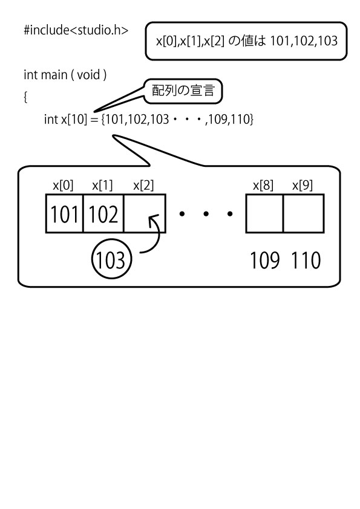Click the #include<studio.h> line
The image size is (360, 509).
coord(76,30)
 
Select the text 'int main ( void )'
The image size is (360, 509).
coord(65,75)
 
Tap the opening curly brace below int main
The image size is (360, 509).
coord(25,97)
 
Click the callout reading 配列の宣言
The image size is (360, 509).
coord(183,91)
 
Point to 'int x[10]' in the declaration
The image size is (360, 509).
coord(65,119)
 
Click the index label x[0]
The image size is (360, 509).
coord(64,186)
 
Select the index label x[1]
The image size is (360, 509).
coord(102,186)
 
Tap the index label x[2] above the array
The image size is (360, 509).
coord(143,186)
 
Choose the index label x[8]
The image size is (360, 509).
coord(263,186)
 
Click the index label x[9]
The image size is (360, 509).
coord(303,186)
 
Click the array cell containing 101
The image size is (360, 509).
coord(65,213)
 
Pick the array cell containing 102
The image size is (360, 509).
coord(103,213)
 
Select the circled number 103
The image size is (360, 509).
coord(111,260)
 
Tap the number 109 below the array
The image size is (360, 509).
coord(265,261)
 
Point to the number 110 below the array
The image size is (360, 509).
coord(306,261)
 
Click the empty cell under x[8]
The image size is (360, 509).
coord(264,213)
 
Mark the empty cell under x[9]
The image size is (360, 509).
coord(304,213)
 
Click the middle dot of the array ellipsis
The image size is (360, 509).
coord(206,213)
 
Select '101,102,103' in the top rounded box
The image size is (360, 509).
coord(304,41)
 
